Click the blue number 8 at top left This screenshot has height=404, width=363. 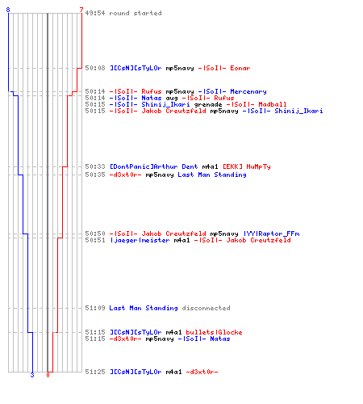pyautogui.click(x=8, y=10)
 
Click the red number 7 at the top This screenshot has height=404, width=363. pyautogui.click(x=81, y=10)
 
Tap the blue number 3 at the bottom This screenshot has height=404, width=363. pyautogui.click(x=32, y=375)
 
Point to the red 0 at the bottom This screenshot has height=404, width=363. pyautogui.click(x=48, y=375)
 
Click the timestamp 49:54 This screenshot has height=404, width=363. pyautogui.click(x=95, y=13)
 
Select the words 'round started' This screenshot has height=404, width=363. pyautogui.click(x=136, y=13)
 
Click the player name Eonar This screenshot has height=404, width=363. pyautogui.click(x=240, y=68)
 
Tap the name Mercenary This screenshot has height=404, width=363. pyautogui.click(x=248, y=91)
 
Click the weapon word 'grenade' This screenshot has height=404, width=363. pyautogui.click(x=208, y=105)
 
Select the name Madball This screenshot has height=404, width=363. pyautogui.click(x=273, y=104)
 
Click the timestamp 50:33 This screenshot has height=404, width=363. pyautogui.click(x=95, y=166)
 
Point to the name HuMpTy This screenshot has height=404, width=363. pyautogui.click(x=258, y=166)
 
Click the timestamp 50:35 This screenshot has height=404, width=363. pyautogui.click(x=95, y=175)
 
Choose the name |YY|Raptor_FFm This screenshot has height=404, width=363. pyautogui.click(x=271, y=234)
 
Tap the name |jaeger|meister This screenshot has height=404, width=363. pyautogui.click(x=140, y=240)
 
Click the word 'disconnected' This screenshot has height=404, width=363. pyautogui.click(x=206, y=308)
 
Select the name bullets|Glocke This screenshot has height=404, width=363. pyautogui.click(x=214, y=332)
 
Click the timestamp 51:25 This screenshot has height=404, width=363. pyautogui.click(x=95, y=372)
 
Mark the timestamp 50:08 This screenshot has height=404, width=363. pyautogui.click(x=95, y=68)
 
